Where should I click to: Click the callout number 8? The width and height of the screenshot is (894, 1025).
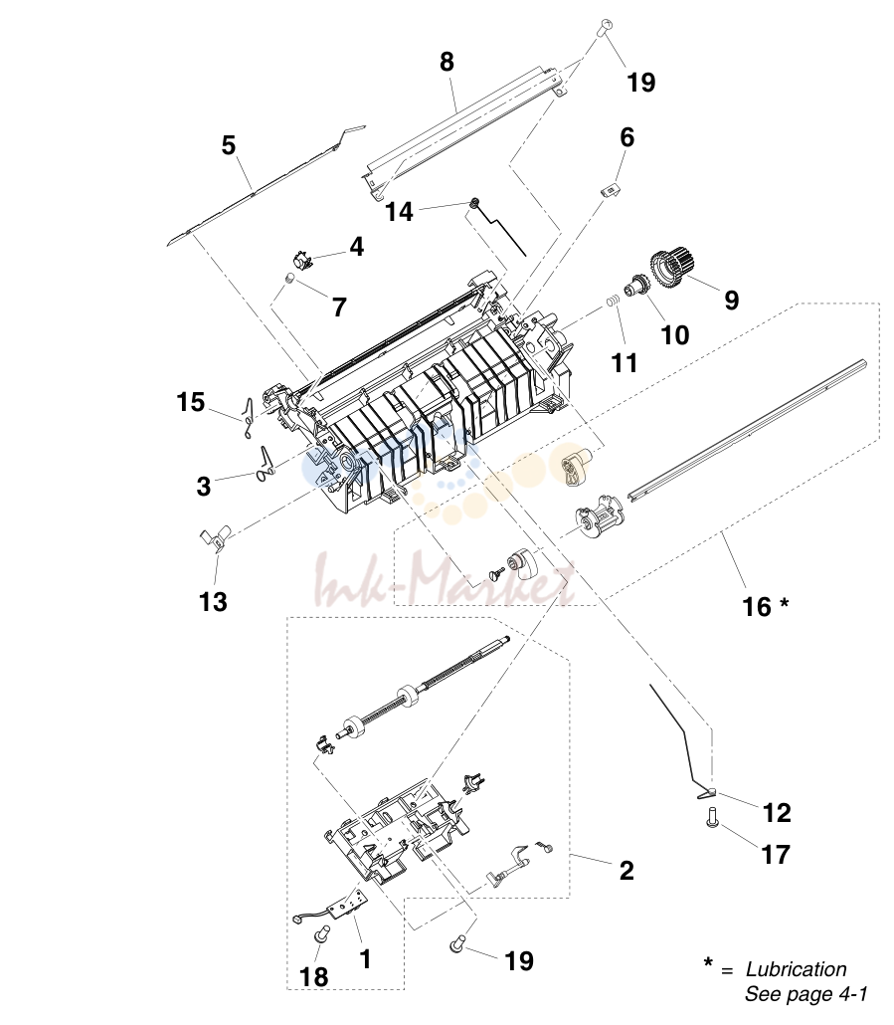(447, 62)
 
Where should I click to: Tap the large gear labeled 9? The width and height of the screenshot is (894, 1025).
(670, 267)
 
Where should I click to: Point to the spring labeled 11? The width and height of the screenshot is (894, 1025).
(612, 302)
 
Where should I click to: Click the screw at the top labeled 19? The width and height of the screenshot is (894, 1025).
(606, 27)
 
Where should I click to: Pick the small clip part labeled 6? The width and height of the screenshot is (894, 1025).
(610, 190)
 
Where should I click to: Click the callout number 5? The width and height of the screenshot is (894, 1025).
(228, 145)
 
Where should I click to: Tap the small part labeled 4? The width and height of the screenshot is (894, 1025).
(301, 260)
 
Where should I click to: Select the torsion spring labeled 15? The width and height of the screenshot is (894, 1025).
(248, 418)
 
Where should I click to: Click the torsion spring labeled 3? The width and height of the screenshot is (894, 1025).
(266, 464)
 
